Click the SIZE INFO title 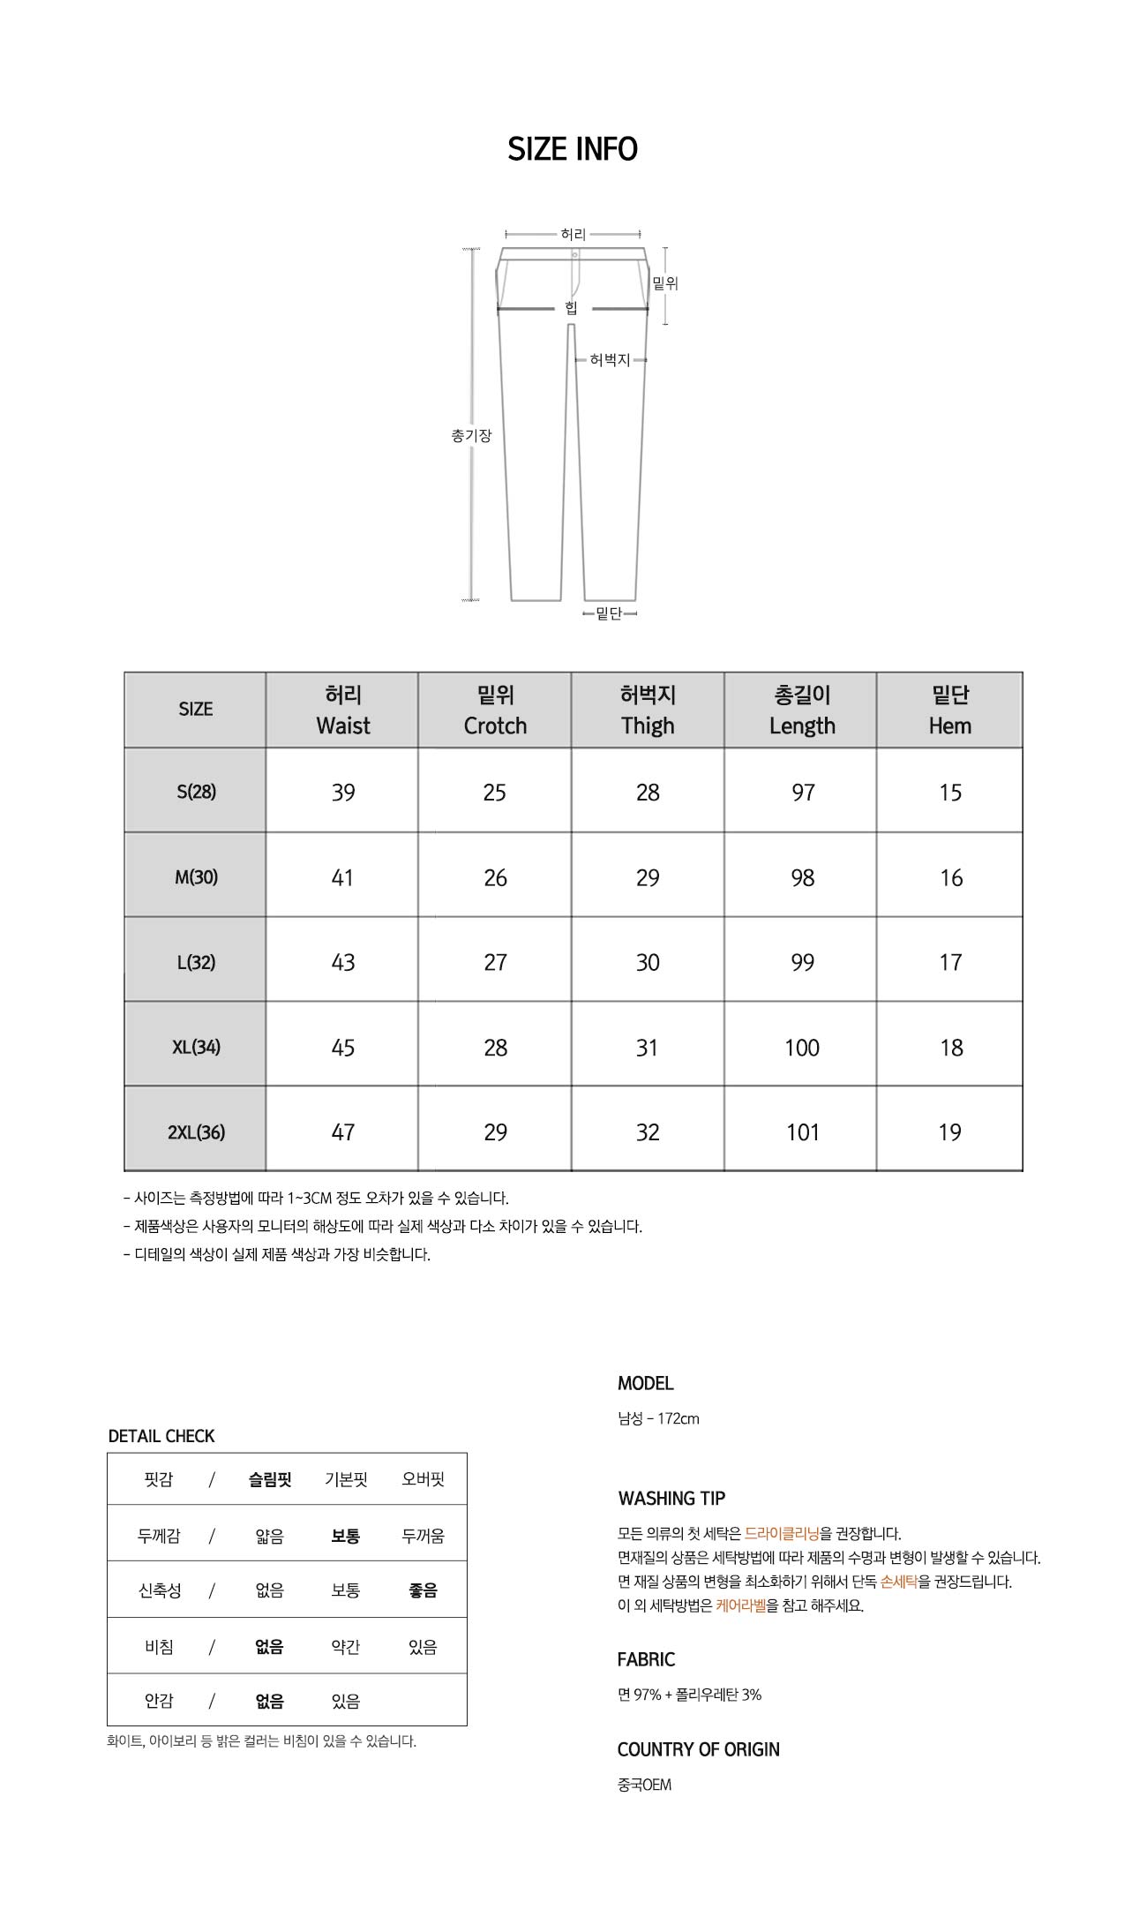tap(573, 149)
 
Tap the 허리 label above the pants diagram tap(573, 234)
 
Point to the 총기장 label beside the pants tap(471, 435)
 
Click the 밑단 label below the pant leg tap(609, 613)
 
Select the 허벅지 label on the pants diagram tap(610, 360)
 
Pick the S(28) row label tap(196, 792)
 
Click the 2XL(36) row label tap(196, 1132)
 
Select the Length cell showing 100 tap(802, 1048)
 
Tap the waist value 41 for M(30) tap(342, 878)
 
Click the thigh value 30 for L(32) tap(648, 963)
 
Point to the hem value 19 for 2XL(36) tap(949, 1132)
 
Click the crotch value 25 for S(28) tap(495, 793)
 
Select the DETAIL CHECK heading tap(161, 1436)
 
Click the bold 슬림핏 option tap(270, 1479)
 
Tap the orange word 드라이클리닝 tap(782, 1534)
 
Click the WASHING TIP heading tap(671, 1499)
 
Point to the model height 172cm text tap(678, 1419)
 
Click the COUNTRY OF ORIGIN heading tap(698, 1749)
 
